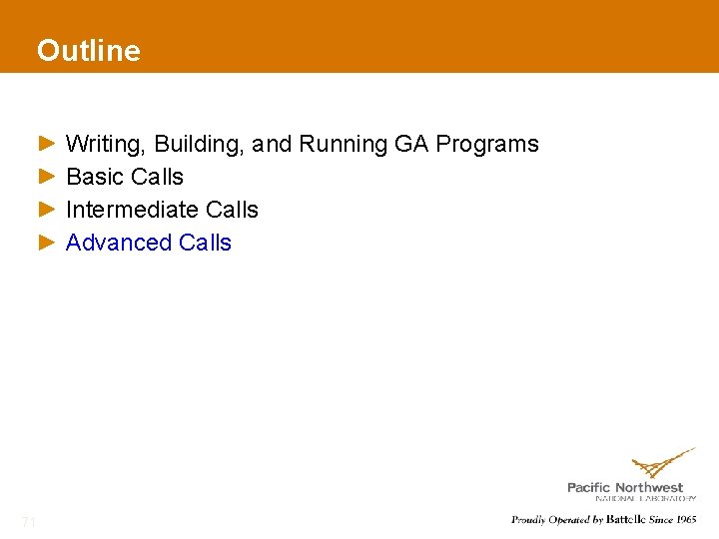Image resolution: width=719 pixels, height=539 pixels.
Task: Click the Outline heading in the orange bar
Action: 88,50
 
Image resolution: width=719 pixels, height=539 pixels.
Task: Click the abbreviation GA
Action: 411,145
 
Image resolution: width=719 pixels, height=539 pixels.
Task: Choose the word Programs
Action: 487,145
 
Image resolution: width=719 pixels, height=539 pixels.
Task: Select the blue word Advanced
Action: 119,243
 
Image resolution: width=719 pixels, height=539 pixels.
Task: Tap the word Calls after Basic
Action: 157,177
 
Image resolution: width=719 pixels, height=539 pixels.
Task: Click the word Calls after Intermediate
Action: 232,210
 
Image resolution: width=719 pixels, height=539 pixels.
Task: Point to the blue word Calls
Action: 205,243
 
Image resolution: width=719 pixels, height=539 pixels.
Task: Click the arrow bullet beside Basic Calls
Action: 47,177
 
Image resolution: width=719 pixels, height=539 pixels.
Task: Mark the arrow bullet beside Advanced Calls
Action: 47,243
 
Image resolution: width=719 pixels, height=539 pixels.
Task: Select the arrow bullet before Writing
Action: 47,145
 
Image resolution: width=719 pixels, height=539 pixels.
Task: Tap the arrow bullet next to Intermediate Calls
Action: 47,210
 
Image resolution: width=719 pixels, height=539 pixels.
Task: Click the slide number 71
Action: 29,521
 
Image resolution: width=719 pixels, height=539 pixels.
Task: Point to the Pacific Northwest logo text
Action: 625,487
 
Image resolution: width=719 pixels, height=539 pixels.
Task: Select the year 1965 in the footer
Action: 686,519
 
